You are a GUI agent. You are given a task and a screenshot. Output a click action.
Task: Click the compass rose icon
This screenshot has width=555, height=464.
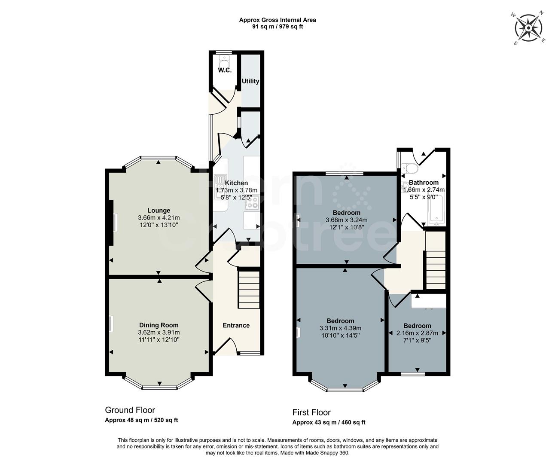tap(529, 28)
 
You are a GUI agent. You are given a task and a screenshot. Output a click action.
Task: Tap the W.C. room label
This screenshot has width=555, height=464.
tap(225, 70)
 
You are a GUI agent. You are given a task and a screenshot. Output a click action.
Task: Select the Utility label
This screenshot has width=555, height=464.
tap(250, 81)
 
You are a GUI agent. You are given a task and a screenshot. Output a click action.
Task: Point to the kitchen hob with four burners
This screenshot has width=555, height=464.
tap(251, 202)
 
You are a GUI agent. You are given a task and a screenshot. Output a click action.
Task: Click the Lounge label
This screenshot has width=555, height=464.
tap(159, 211)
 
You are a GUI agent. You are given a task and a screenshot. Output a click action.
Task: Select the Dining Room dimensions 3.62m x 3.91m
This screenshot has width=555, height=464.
tap(159, 333)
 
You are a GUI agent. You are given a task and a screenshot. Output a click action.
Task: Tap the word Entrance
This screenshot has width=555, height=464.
tap(236, 325)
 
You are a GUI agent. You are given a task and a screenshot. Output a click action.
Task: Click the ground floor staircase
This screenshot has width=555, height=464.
tap(249, 289)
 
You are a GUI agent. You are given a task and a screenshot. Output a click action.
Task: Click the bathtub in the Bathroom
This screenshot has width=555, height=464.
tap(436, 212)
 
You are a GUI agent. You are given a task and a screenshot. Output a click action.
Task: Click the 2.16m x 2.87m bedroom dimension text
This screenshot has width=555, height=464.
tap(417, 333)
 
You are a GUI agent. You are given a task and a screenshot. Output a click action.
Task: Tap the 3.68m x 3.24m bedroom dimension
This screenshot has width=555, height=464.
tap(346, 220)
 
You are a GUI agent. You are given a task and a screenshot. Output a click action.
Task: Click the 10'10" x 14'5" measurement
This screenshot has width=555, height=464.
tap(340, 336)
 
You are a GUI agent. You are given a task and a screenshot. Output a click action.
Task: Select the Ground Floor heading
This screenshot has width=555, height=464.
tap(130, 410)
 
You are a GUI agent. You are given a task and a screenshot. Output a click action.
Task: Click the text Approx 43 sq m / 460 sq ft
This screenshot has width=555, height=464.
tap(329, 422)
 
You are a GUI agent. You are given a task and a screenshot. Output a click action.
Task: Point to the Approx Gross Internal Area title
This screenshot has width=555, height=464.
tap(277, 20)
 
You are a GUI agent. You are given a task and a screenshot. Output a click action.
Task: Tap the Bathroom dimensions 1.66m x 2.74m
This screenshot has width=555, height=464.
tap(424, 189)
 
